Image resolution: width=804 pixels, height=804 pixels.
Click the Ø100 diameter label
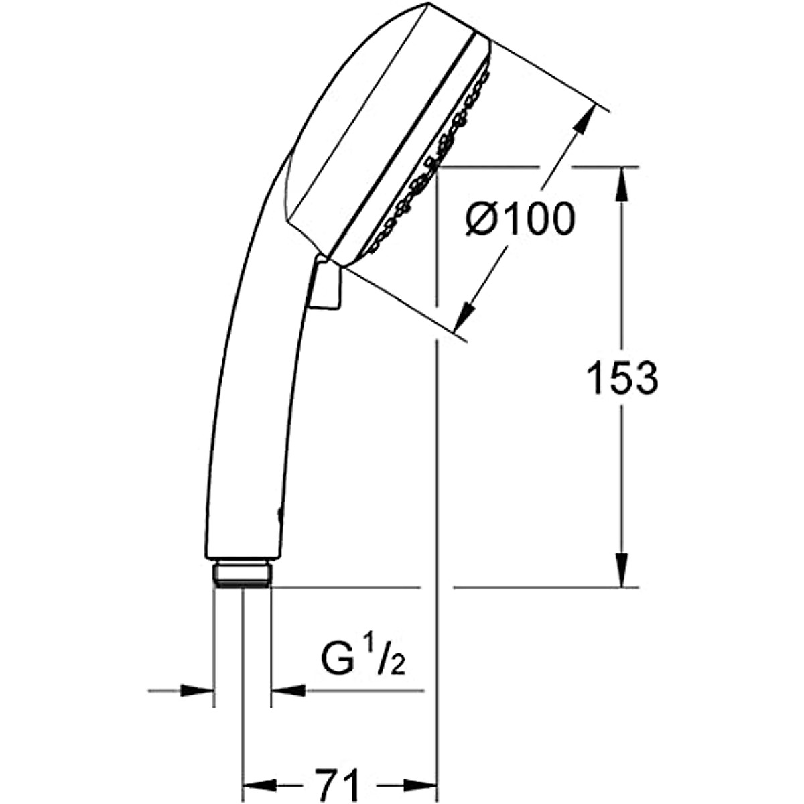click(520, 219)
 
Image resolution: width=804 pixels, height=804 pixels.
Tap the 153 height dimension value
click(622, 379)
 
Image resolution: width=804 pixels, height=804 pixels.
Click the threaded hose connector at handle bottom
click(243, 575)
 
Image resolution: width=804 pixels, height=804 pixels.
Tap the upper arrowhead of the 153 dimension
click(622, 184)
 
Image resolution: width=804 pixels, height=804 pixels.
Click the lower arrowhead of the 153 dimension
click(622, 570)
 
